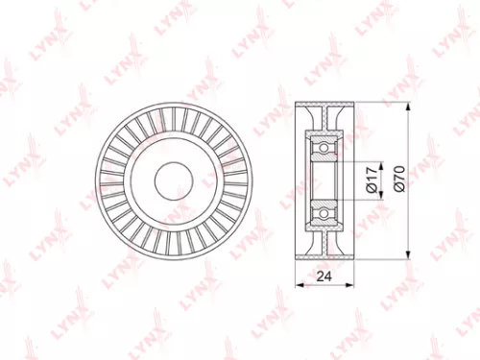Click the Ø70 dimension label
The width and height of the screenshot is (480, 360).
pos(396,179)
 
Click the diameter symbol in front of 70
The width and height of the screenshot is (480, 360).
pos(396,190)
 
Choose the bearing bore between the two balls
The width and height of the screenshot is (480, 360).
pos(326,179)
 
